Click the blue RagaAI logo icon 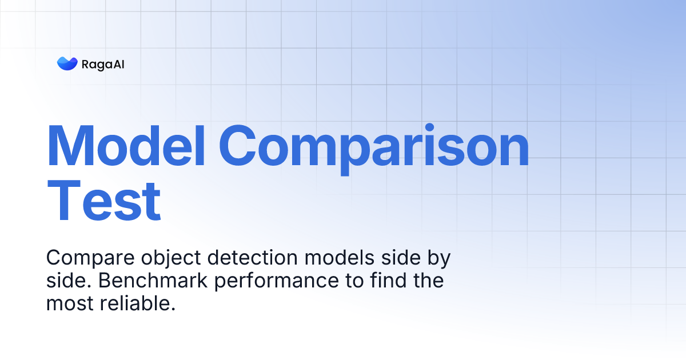[x=67, y=63]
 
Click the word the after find [x=428, y=281]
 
